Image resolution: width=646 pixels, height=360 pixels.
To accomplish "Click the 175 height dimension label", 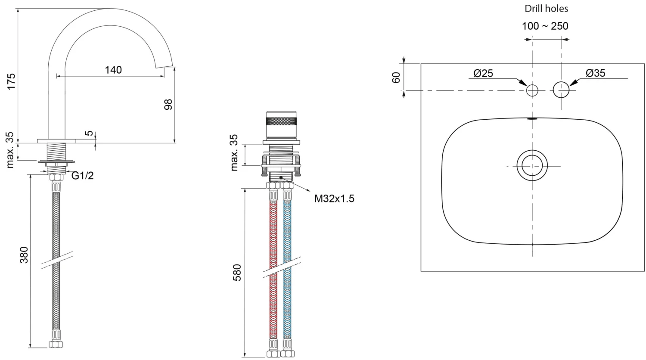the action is coord(11,81).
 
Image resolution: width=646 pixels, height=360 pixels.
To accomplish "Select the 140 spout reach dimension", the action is coord(113,70).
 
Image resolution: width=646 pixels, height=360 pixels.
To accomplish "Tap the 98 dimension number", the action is coord(168,104).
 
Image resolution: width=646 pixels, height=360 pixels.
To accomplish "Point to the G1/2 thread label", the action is coord(83,175).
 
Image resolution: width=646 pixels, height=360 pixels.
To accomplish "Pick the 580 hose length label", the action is coord(237,273).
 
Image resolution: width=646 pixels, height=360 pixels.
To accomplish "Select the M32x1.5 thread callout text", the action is coord(334,199).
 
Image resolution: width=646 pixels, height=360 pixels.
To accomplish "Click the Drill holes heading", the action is coord(546,9).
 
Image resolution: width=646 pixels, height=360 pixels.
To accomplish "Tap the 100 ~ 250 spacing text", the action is coord(545,26).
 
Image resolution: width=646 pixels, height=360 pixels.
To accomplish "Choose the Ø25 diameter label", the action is coord(483,73).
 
